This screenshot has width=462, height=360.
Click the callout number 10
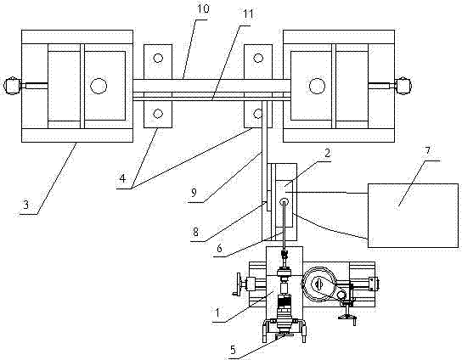point(203,8)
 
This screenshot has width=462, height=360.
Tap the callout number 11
point(248,14)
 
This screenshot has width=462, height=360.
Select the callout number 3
point(26,205)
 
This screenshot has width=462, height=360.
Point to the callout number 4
point(122,178)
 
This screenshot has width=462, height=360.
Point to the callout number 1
point(217,312)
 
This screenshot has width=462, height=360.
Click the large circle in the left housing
point(99,86)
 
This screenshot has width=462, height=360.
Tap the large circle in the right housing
point(317,86)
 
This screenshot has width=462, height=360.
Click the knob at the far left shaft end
point(12,86)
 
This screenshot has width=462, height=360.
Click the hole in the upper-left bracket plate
point(158,58)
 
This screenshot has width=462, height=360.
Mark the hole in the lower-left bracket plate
point(158,114)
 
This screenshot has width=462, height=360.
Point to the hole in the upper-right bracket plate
point(258,58)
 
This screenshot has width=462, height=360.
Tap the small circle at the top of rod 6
point(285,202)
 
